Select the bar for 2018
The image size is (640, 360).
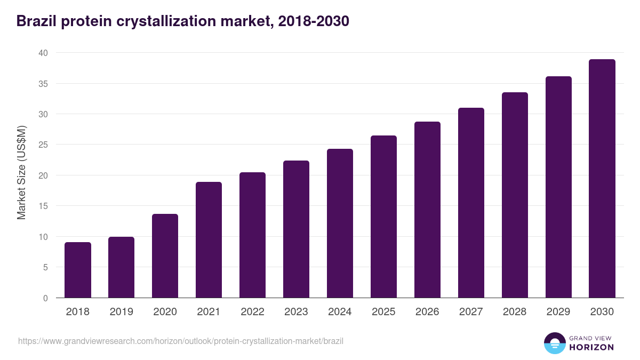pyautogui.click(x=78, y=270)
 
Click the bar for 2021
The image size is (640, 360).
pyautogui.click(x=209, y=240)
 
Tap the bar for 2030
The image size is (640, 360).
pyautogui.click(x=602, y=179)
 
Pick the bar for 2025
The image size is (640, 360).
pyautogui.click(x=383, y=217)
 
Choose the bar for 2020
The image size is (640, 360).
pyautogui.click(x=165, y=256)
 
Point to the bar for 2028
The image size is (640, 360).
pyautogui.click(x=515, y=195)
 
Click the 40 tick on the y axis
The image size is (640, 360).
pyautogui.click(x=43, y=53)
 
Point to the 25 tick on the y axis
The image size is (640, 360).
pyautogui.click(x=43, y=145)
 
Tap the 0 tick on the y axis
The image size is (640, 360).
pyautogui.click(x=45, y=298)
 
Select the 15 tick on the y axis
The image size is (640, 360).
pyautogui.click(x=43, y=206)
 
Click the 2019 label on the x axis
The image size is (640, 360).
pyautogui.click(x=122, y=312)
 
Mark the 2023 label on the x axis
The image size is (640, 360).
pyautogui.click(x=296, y=312)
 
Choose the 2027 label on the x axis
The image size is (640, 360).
pyautogui.click(x=471, y=312)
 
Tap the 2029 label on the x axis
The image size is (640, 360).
pyautogui.click(x=558, y=312)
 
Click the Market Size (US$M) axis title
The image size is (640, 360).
pyautogui.click(x=21, y=172)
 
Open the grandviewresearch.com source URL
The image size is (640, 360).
pyautogui.click(x=181, y=341)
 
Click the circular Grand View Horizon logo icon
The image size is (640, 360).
pyautogui.click(x=555, y=343)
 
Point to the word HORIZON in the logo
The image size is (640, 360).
pyautogui.click(x=591, y=347)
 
